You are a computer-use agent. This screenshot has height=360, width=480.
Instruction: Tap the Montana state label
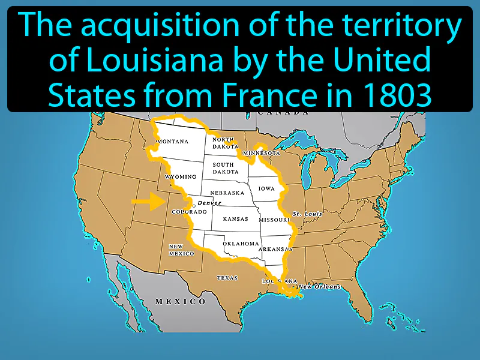(172, 142)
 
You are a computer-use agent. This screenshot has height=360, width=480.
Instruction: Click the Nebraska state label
(227, 193)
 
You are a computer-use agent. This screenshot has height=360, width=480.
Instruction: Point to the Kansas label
(235, 219)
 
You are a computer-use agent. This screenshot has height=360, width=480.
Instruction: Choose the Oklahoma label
(241, 244)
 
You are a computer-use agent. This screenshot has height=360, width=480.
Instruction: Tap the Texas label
(227, 278)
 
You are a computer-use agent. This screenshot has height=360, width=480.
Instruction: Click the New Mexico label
(181, 250)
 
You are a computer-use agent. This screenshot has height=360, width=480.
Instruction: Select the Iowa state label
(266, 188)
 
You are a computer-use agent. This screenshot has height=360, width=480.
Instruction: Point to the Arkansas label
(275, 248)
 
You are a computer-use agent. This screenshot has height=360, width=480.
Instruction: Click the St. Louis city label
(307, 214)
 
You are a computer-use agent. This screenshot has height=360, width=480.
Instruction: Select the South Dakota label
(223, 168)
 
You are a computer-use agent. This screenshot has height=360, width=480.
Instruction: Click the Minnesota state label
(262, 153)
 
